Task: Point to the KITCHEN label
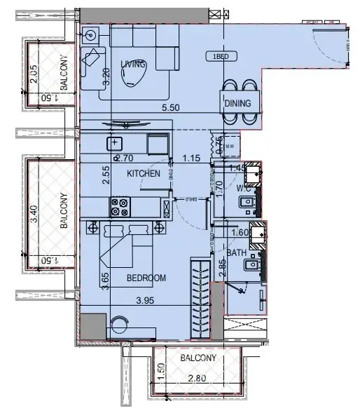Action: pyautogui.click(x=144, y=173)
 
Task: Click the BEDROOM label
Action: pyautogui.click(x=146, y=278)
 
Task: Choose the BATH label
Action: pyautogui.click(x=235, y=253)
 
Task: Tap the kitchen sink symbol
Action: pyautogui.click(x=115, y=144)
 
